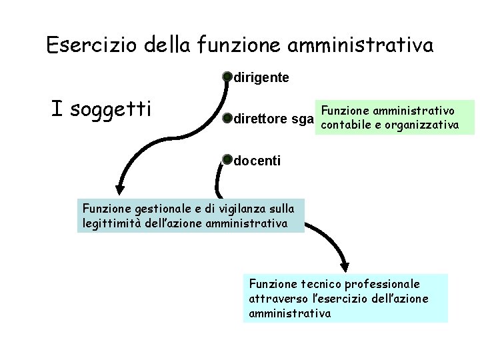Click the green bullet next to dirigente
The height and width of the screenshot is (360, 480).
tap(227, 77)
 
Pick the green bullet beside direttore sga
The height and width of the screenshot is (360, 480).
tap(227, 119)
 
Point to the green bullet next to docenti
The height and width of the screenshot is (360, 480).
tap(227, 160)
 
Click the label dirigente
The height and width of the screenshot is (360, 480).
tap(261, 78)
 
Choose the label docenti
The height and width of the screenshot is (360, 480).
tap(257, 161)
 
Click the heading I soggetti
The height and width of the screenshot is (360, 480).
tap(101, 108)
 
